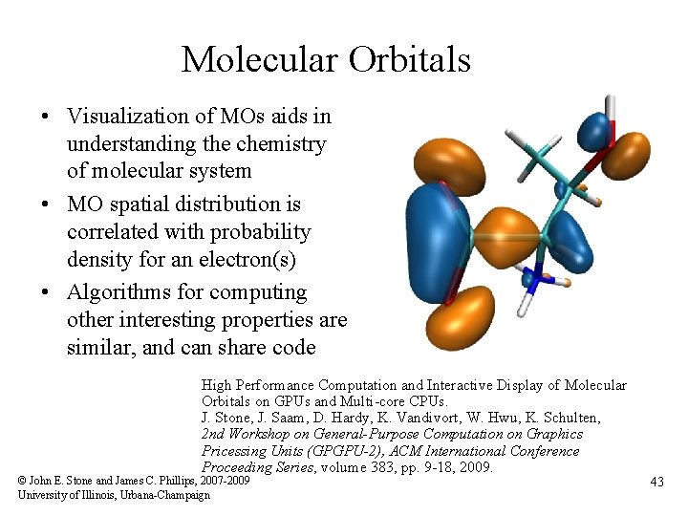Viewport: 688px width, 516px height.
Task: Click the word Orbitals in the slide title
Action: (x=410, y=60)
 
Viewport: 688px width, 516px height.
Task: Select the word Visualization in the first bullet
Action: (x=127, y=117)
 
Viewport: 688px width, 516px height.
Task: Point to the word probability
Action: (x=264, y=232)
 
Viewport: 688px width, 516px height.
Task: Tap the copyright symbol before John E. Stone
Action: (x=23, y=481)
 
